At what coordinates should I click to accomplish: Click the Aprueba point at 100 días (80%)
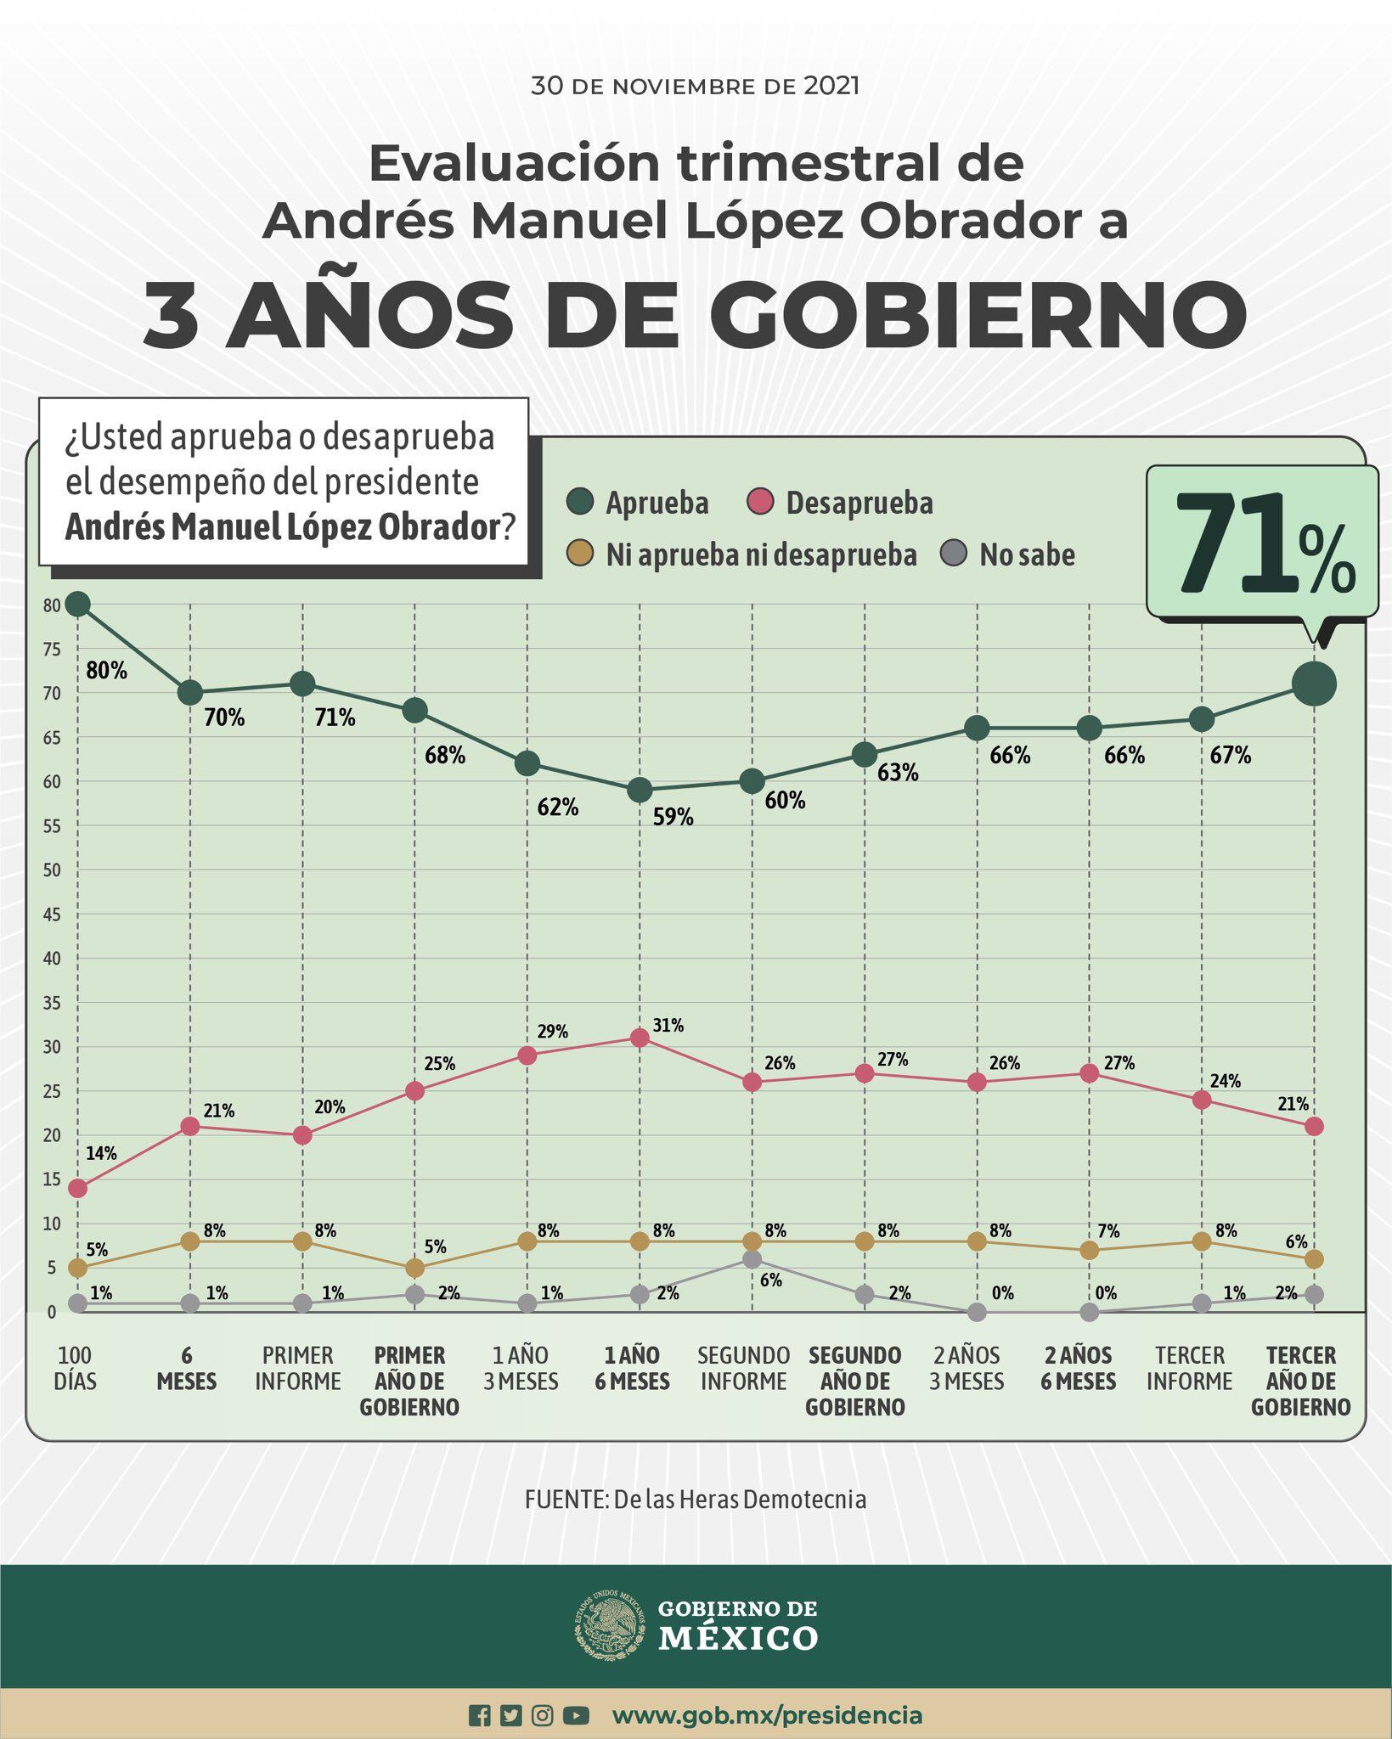(x=77, y=605)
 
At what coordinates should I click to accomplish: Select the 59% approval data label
(x=673, y=818)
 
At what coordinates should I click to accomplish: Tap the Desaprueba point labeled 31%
(x=640, y=1038)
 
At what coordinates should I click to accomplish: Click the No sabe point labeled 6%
(x=752, y=1259)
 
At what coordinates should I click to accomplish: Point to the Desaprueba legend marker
(x=761, y=503)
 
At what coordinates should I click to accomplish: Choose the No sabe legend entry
(x=1009, y=554)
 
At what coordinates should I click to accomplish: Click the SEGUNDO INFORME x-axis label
(x=744, y=1368)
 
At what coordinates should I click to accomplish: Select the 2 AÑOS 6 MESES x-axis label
(x=1078, y=1368)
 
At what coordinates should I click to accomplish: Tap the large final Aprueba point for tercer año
(x=1314, y=684)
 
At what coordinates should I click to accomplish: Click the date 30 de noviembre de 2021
(x=695, y=86)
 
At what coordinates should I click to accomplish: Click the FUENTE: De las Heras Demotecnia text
(x=696, y=1500)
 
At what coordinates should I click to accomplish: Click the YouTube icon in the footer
(x=576, y=1715)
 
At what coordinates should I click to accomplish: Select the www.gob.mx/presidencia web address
(x=767, y=1715)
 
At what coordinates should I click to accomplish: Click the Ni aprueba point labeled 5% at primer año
(x=414, y=1268)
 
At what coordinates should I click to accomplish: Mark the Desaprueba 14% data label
(x=101, y=1153)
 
